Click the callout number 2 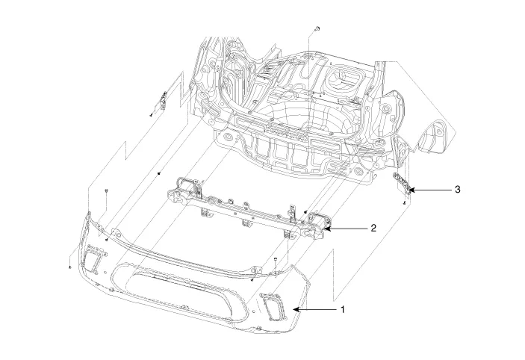[x=373, y=228]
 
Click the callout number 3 [x=456, y=190]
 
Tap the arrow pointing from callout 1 [x=314, y=308]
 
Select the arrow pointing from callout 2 [x=344, y=228]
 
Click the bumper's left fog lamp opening [x=96, y=258]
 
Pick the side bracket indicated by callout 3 [x=402, y=184]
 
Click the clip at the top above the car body [x=317, y=28]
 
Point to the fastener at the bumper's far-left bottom [x=69, y=266]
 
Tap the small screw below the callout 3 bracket [x=404, y=202]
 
